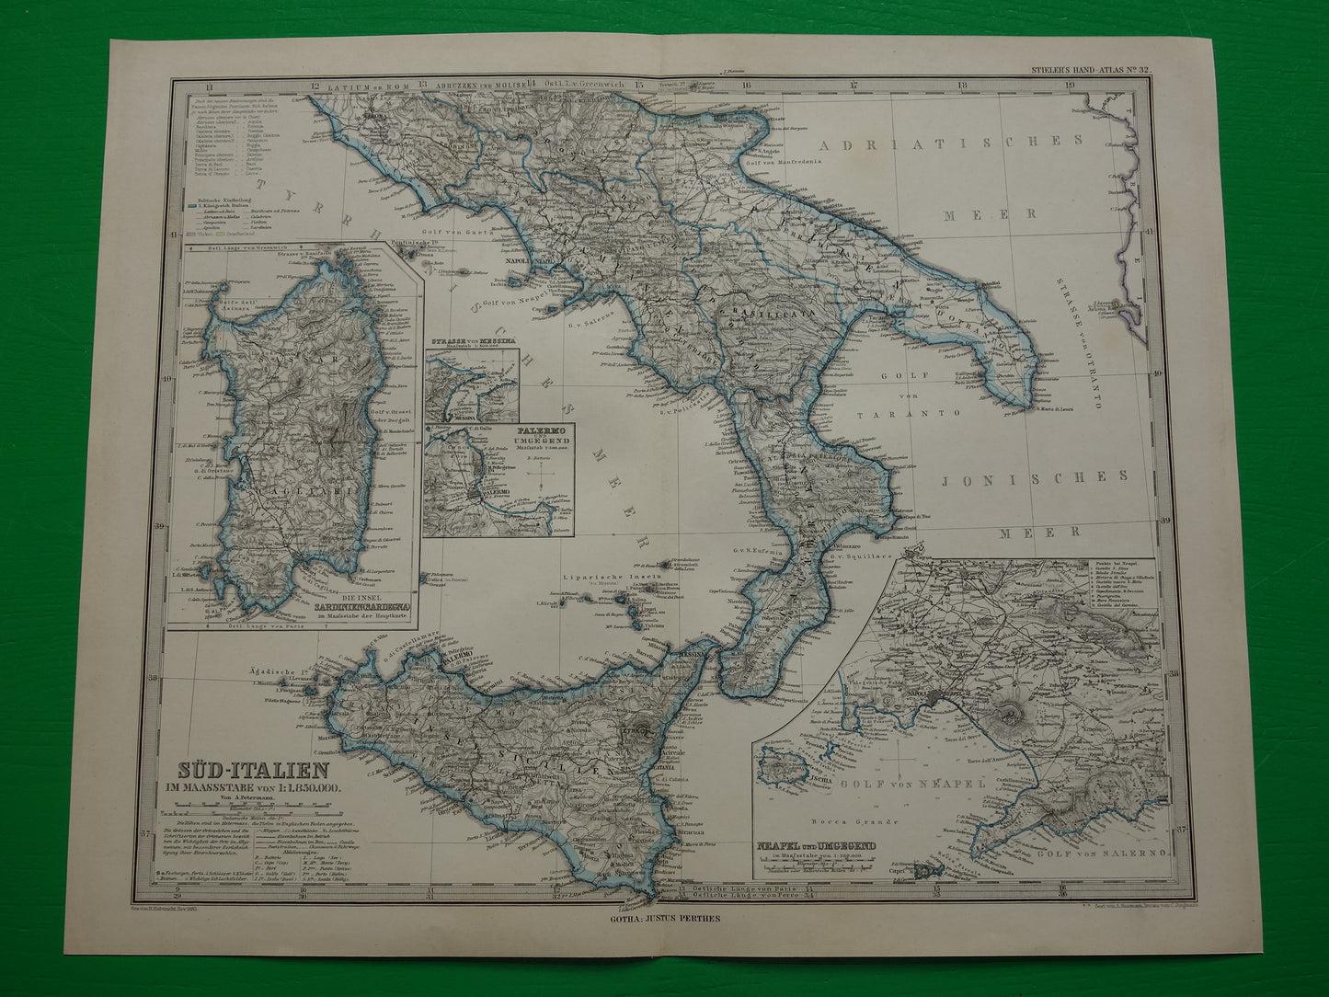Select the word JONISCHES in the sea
click(1035, 476)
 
